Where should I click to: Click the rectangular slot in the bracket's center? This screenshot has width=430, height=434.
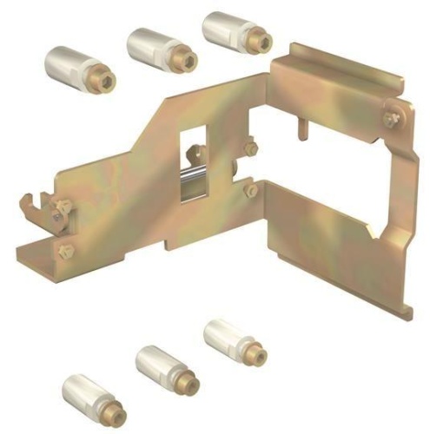coord(196,156)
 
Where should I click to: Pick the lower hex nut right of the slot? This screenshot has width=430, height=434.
coord(251,189)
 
